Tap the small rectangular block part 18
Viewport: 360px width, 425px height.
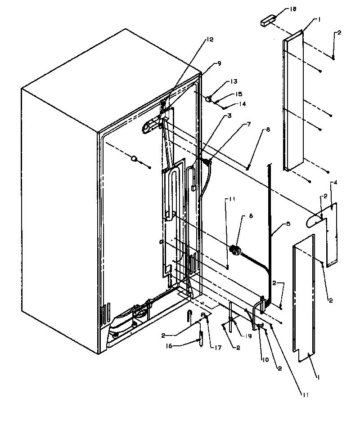(x=266, y=21)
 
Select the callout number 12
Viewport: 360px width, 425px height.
(x=210, y=40)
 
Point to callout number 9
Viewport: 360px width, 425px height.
(x=219, y=63)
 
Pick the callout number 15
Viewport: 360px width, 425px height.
(x=238, y=94)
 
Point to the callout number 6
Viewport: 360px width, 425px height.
(x=251, y=216)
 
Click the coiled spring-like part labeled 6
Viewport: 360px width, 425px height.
(x=234, y=249)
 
